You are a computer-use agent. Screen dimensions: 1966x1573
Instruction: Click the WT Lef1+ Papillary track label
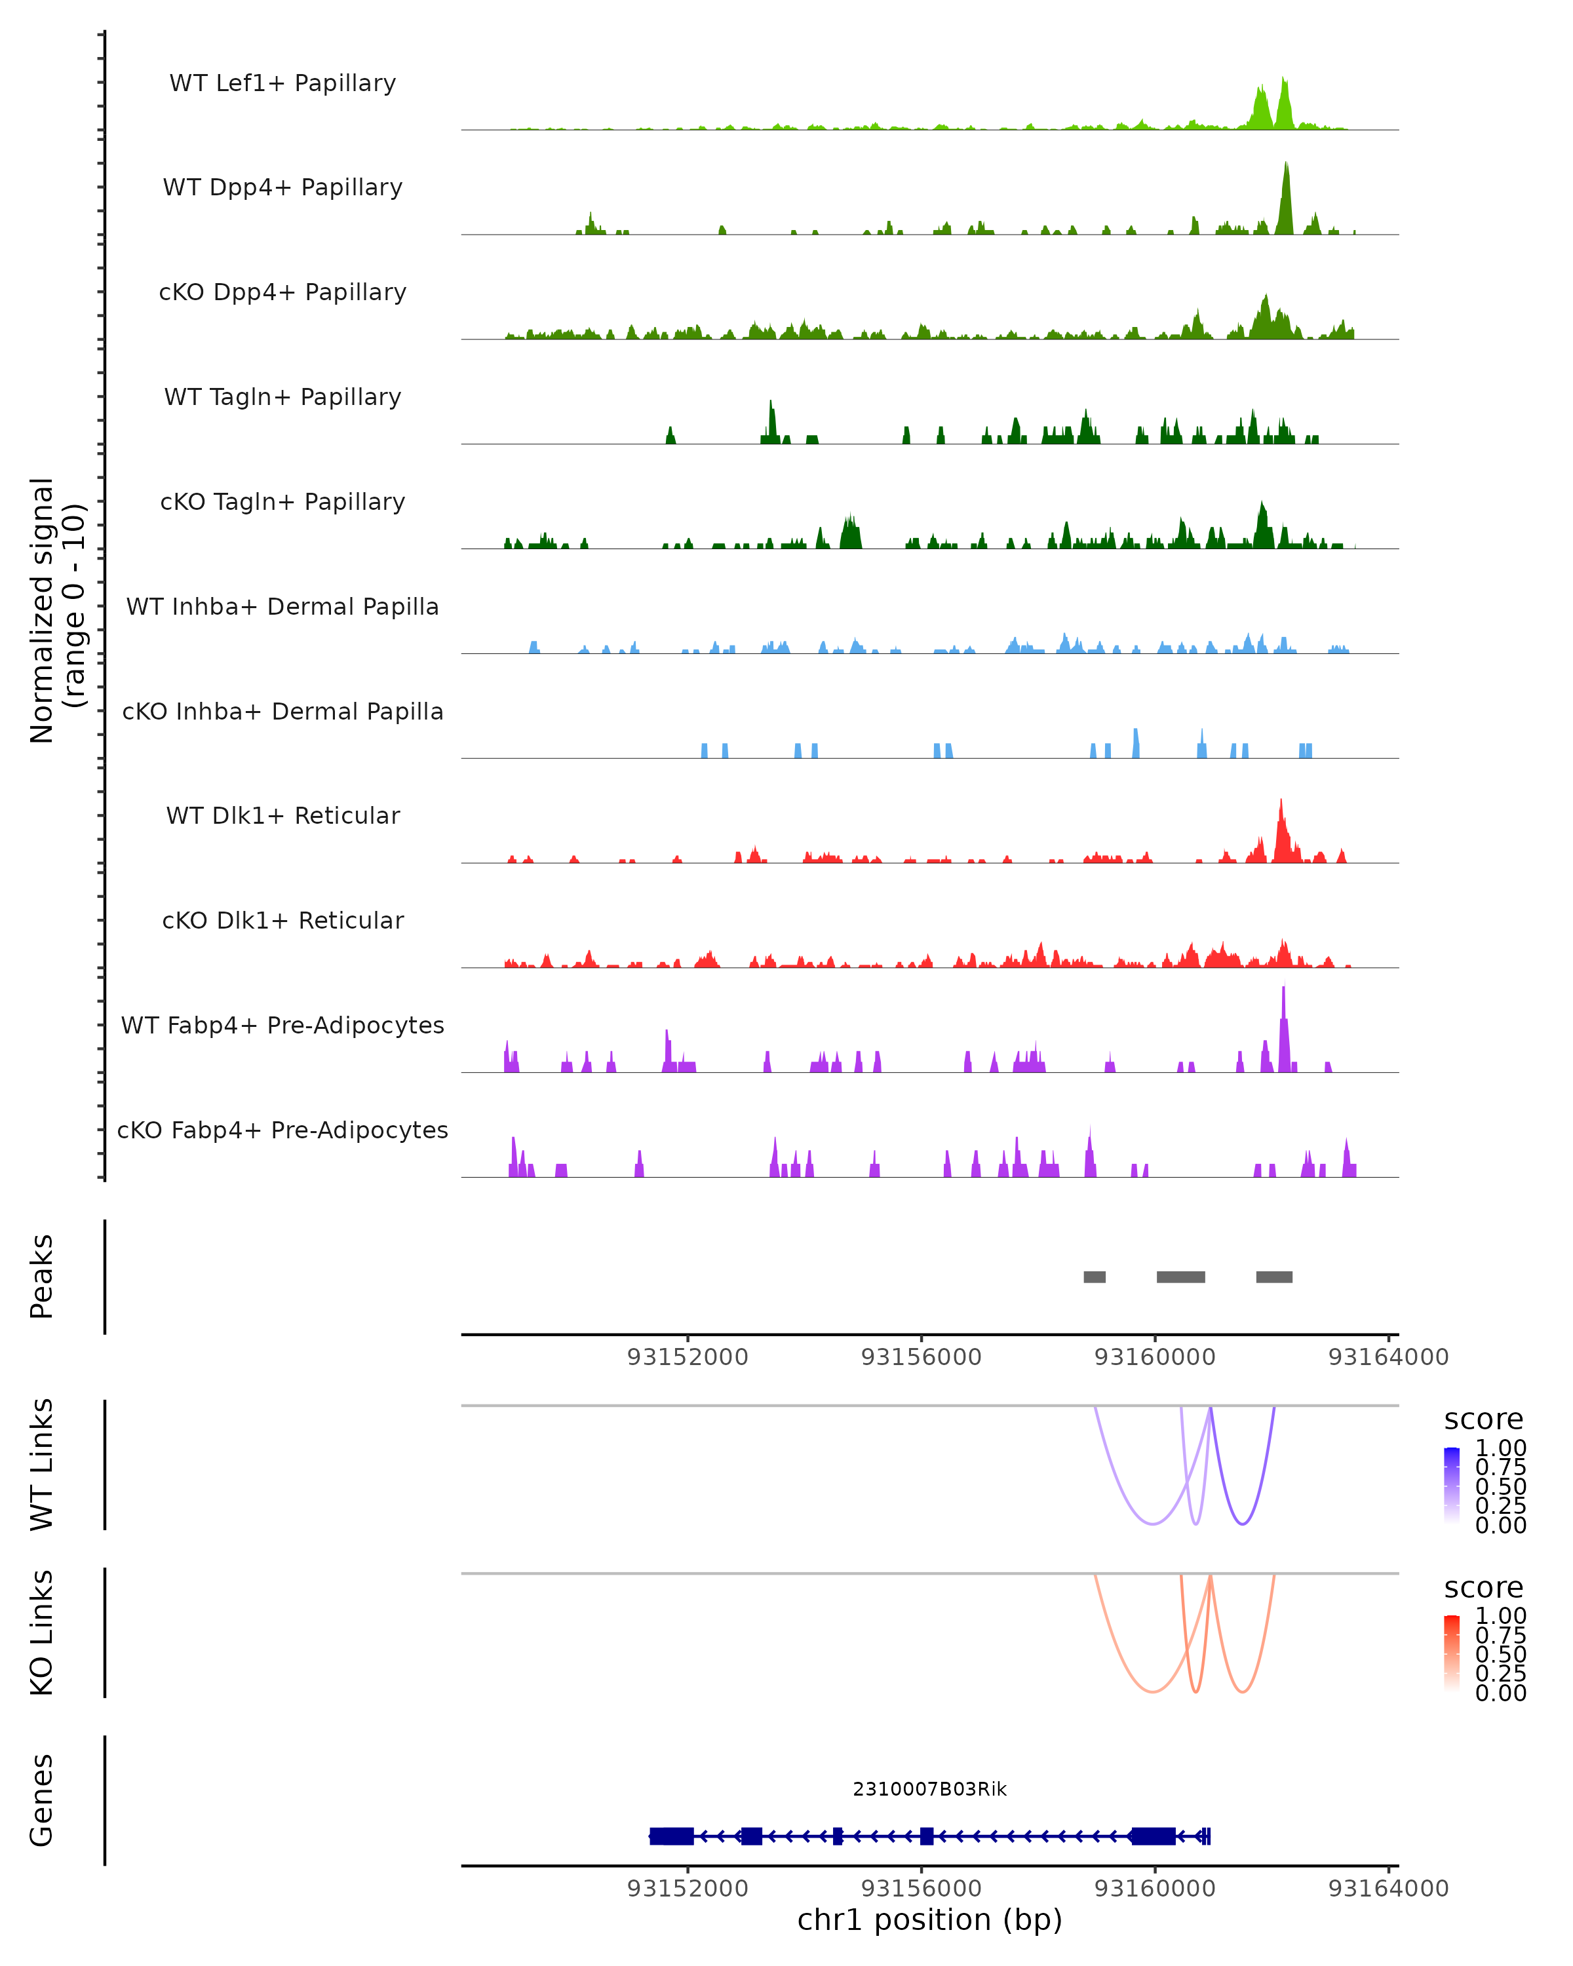point(282,83)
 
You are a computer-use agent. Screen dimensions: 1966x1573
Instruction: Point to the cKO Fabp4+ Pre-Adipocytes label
point(282,1130)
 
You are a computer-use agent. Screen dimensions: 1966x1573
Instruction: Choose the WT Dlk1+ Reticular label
point(282,815)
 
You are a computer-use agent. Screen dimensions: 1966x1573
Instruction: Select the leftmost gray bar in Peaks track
point(1095,1277)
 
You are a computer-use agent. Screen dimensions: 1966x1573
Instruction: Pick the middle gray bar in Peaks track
point(1181,1277)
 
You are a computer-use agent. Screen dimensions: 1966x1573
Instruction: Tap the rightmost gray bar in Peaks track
point(1274,1277)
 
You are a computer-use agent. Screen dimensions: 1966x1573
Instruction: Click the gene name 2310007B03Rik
point(929,1789)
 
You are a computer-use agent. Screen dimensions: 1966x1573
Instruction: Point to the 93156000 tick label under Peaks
point(921,1357)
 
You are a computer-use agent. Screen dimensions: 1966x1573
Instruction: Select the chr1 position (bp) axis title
point(929,1920)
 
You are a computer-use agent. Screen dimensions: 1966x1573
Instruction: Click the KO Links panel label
point(41,1632)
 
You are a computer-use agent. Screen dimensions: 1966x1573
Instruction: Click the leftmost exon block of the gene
point(671,1836)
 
